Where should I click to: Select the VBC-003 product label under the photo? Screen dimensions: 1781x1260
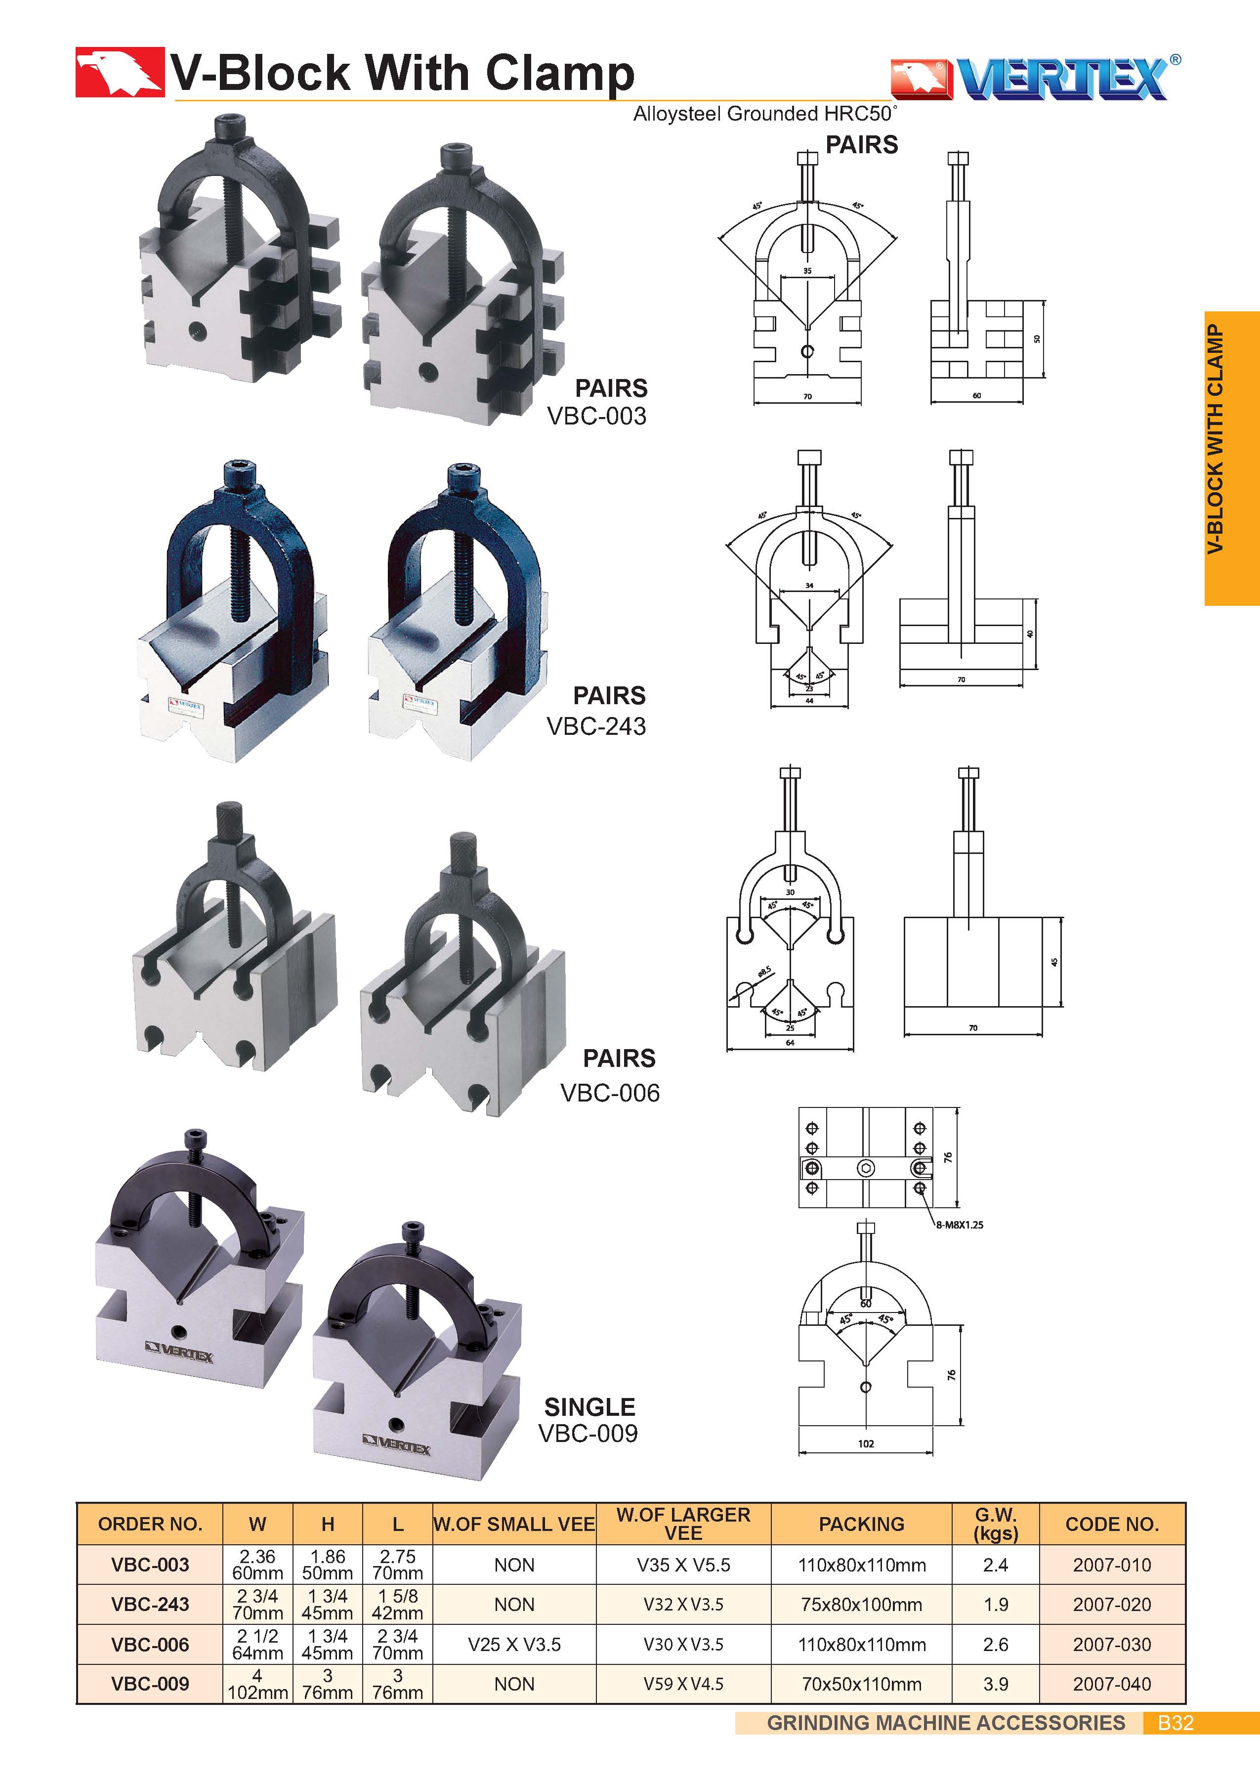coord(596,417)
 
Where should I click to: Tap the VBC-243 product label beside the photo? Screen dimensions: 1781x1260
coord(596,726)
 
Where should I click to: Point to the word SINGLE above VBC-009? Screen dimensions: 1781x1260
coord(589,1407)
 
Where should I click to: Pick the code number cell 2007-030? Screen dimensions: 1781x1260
coord(1111,1645)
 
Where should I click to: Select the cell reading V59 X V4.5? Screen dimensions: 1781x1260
coord(683,1684)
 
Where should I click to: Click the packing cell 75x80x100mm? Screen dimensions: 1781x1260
coord(861,1604)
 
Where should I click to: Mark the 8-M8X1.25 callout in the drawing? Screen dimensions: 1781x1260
coord(959,1225)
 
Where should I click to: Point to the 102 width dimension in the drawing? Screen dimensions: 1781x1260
coord(866,1444)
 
